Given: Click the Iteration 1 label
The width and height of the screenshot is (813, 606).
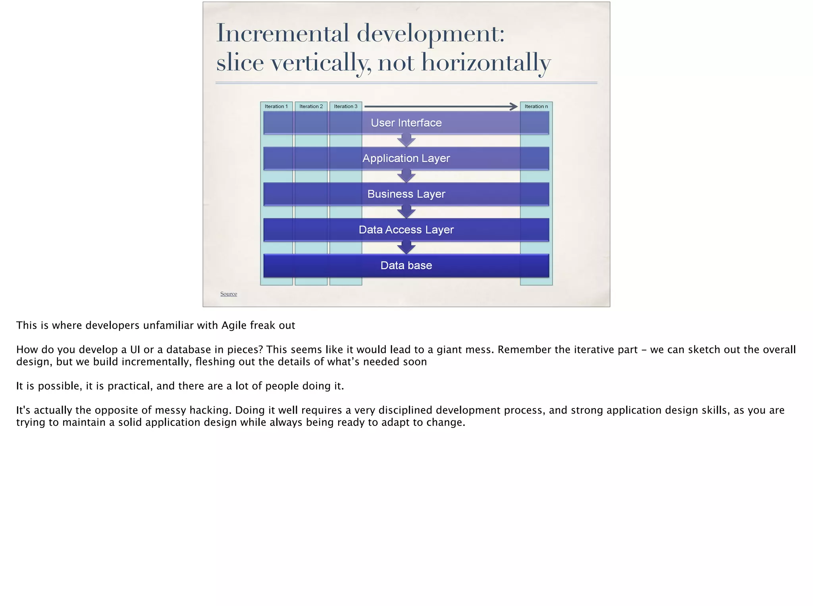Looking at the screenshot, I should click(276, 106).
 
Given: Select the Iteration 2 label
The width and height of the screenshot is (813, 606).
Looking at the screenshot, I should click(311, 106).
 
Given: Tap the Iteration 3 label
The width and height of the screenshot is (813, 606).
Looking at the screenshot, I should click(345, 106).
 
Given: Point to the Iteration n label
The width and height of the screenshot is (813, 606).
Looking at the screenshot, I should click(536, 106).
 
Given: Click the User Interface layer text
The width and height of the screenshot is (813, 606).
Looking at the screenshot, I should click(406, 123).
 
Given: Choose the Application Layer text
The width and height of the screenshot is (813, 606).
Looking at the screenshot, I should click(406, 158).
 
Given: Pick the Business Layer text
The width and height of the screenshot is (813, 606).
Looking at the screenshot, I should click(406, 194).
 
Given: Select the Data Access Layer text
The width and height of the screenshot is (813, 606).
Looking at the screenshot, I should click(406, 230).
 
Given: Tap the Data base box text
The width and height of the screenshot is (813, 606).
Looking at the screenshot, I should click(406, 265).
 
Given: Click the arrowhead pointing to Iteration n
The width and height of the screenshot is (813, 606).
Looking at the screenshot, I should click(514, 106).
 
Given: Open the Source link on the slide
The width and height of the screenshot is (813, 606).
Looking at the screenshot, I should click(229, 294).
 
